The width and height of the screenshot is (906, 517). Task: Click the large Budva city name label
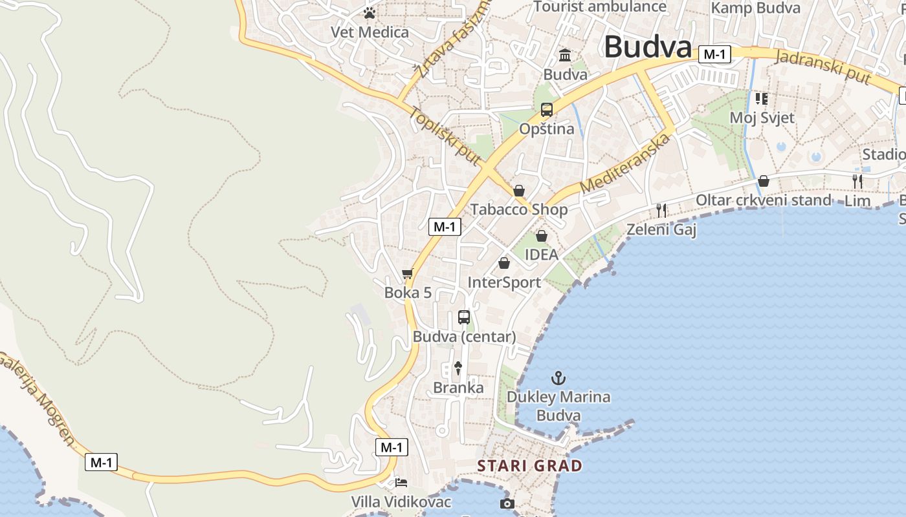point(648,47)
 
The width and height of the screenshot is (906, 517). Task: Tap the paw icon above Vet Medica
point(370,13)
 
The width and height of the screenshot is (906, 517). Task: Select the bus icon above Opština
point(547,110)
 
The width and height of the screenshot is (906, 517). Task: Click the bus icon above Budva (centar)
point(464,317)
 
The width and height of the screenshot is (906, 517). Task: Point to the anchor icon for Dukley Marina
point(558,377)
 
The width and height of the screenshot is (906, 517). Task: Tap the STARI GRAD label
point(529,465)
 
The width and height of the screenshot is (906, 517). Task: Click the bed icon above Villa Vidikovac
point(401,483)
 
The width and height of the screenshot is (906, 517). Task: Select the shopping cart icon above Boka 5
point(407,274)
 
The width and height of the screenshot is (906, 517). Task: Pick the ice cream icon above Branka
point(458,368)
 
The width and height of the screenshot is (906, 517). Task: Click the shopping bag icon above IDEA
point(542,236)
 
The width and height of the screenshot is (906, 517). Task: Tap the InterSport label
point(504,282)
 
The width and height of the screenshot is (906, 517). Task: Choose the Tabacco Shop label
point(519,209)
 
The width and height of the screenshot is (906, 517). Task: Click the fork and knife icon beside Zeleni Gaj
point(661,210)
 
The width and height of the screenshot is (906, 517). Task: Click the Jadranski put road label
point(822,67)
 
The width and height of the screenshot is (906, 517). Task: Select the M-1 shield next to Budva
point(714,54)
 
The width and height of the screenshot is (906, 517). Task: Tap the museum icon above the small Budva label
point(565,55)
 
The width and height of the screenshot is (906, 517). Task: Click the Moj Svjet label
point(762,118)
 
